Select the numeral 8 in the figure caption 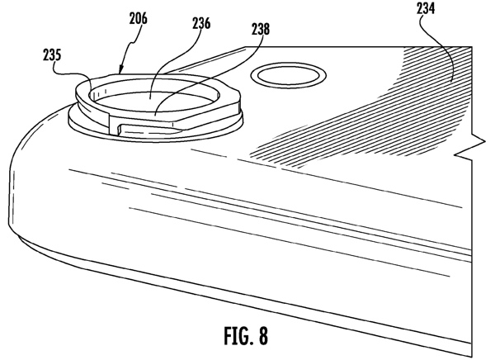[262, 338]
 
